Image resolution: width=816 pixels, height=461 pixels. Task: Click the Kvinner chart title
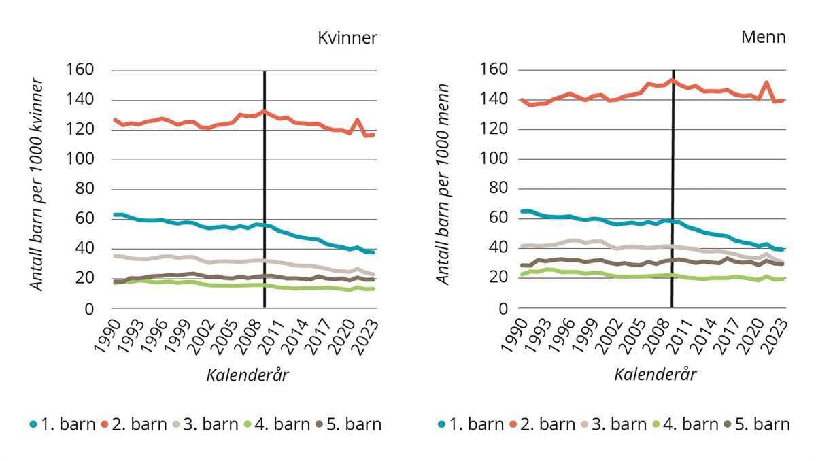[347, 38]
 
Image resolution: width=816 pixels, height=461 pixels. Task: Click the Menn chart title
[763, 37]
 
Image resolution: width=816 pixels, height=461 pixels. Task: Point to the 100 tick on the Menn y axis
[494, 159]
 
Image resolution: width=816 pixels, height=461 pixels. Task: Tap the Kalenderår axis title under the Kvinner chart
[248, 375]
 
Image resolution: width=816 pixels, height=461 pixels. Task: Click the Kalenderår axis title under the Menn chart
[656, 375]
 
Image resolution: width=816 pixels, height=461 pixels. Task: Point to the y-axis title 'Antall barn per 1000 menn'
[443, 184]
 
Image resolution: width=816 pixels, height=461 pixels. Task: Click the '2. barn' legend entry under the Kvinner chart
[133, 424]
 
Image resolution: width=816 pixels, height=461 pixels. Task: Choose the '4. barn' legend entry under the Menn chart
[683, 424]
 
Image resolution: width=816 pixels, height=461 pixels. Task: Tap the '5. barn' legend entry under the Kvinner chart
[349, 424]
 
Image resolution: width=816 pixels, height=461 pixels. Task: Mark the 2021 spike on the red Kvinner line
[358, 120]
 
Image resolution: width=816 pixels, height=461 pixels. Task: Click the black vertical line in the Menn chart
[673, 204]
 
